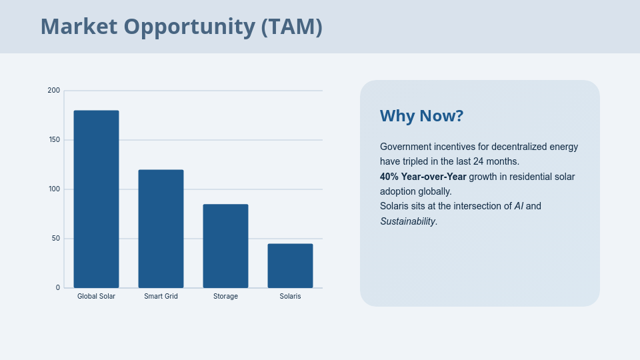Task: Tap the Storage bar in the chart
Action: click(225, 246)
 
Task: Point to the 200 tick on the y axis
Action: click(54, 90)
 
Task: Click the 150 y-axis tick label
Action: click(54, 139)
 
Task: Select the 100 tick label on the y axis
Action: click(54, 189)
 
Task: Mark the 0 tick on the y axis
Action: click(58, 287)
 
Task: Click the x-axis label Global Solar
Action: click(96, 296)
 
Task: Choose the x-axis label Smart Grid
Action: click(161, 296)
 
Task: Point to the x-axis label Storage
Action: click(225, 296)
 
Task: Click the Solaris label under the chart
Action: click(290, 296)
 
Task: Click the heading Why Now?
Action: click(421, 116)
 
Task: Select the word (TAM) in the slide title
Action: click(291, 27)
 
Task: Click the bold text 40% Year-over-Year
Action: click(423, 177)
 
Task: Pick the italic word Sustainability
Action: click(407, 221)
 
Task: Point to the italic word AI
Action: click(519, 206)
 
